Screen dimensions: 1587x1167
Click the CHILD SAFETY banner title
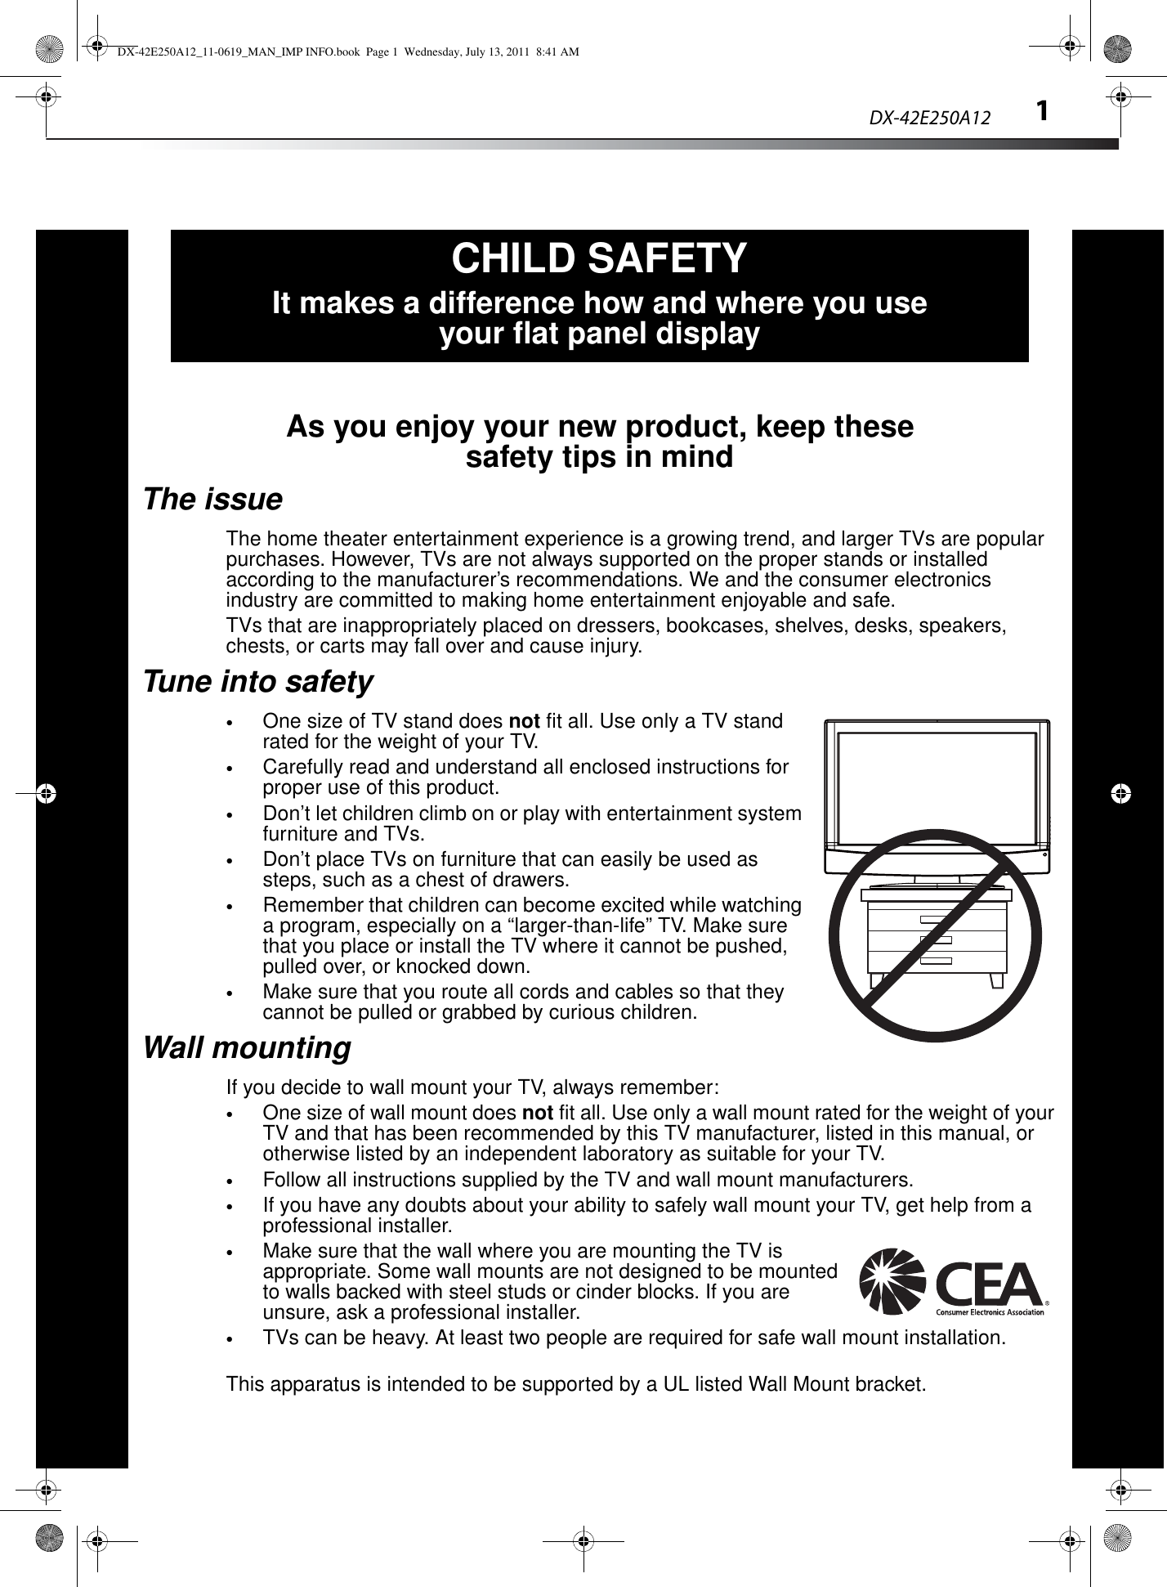(599, 258)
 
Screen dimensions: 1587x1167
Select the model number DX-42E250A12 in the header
(929, 119)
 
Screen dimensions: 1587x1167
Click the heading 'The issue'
(212, 500)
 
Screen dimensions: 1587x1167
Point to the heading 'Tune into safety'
(258, 682)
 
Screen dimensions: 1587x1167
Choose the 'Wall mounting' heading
(247, 1048)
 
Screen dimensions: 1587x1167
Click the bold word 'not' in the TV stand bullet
(523, 722)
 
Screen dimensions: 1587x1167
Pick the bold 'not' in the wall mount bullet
(535, 1114)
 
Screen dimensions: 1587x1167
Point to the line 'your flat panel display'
(599, 334)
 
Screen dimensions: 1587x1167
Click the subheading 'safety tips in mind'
(599, 457)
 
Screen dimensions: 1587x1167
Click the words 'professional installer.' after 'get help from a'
(356, 1226)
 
